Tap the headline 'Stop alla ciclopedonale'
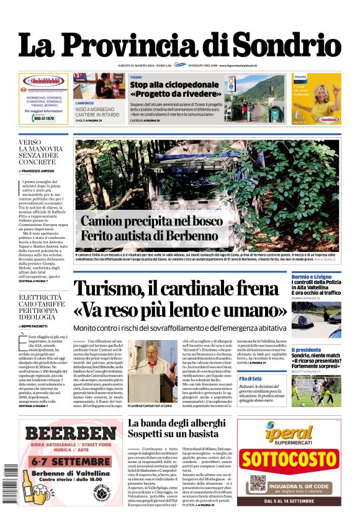174,84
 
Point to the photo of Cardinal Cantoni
152,370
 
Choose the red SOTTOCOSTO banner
288,460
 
